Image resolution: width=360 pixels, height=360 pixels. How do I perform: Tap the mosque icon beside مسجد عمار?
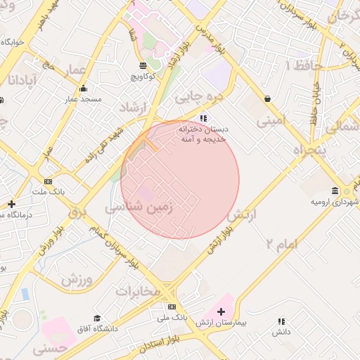click(84, 89)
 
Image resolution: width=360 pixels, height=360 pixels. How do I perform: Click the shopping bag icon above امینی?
click(268, 99)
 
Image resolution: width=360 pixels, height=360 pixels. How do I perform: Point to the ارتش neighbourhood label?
click(244, 214)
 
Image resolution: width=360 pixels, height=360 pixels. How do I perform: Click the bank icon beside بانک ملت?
click(48, 181)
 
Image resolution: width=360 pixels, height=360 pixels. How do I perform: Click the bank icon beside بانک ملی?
click(172, 307)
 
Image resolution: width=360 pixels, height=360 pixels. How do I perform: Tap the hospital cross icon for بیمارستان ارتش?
click(221, 311)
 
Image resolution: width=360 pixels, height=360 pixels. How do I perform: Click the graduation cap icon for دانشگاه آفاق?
click(97, 319)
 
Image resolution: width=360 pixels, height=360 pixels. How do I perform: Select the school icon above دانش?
click(282, 321)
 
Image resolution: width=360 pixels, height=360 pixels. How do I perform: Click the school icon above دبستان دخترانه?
click(203, 118)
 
